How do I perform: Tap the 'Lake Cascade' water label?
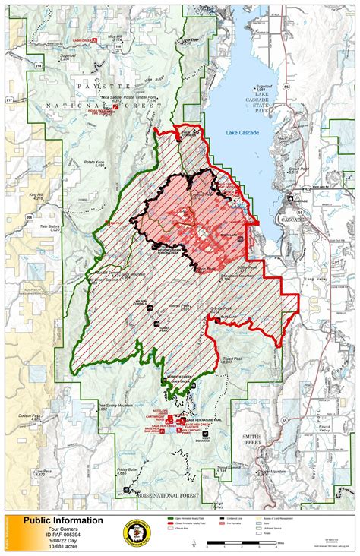243,133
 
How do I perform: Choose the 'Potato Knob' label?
93,163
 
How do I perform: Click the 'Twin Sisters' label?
49,226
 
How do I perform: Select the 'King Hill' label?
37,195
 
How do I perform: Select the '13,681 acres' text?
60,548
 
